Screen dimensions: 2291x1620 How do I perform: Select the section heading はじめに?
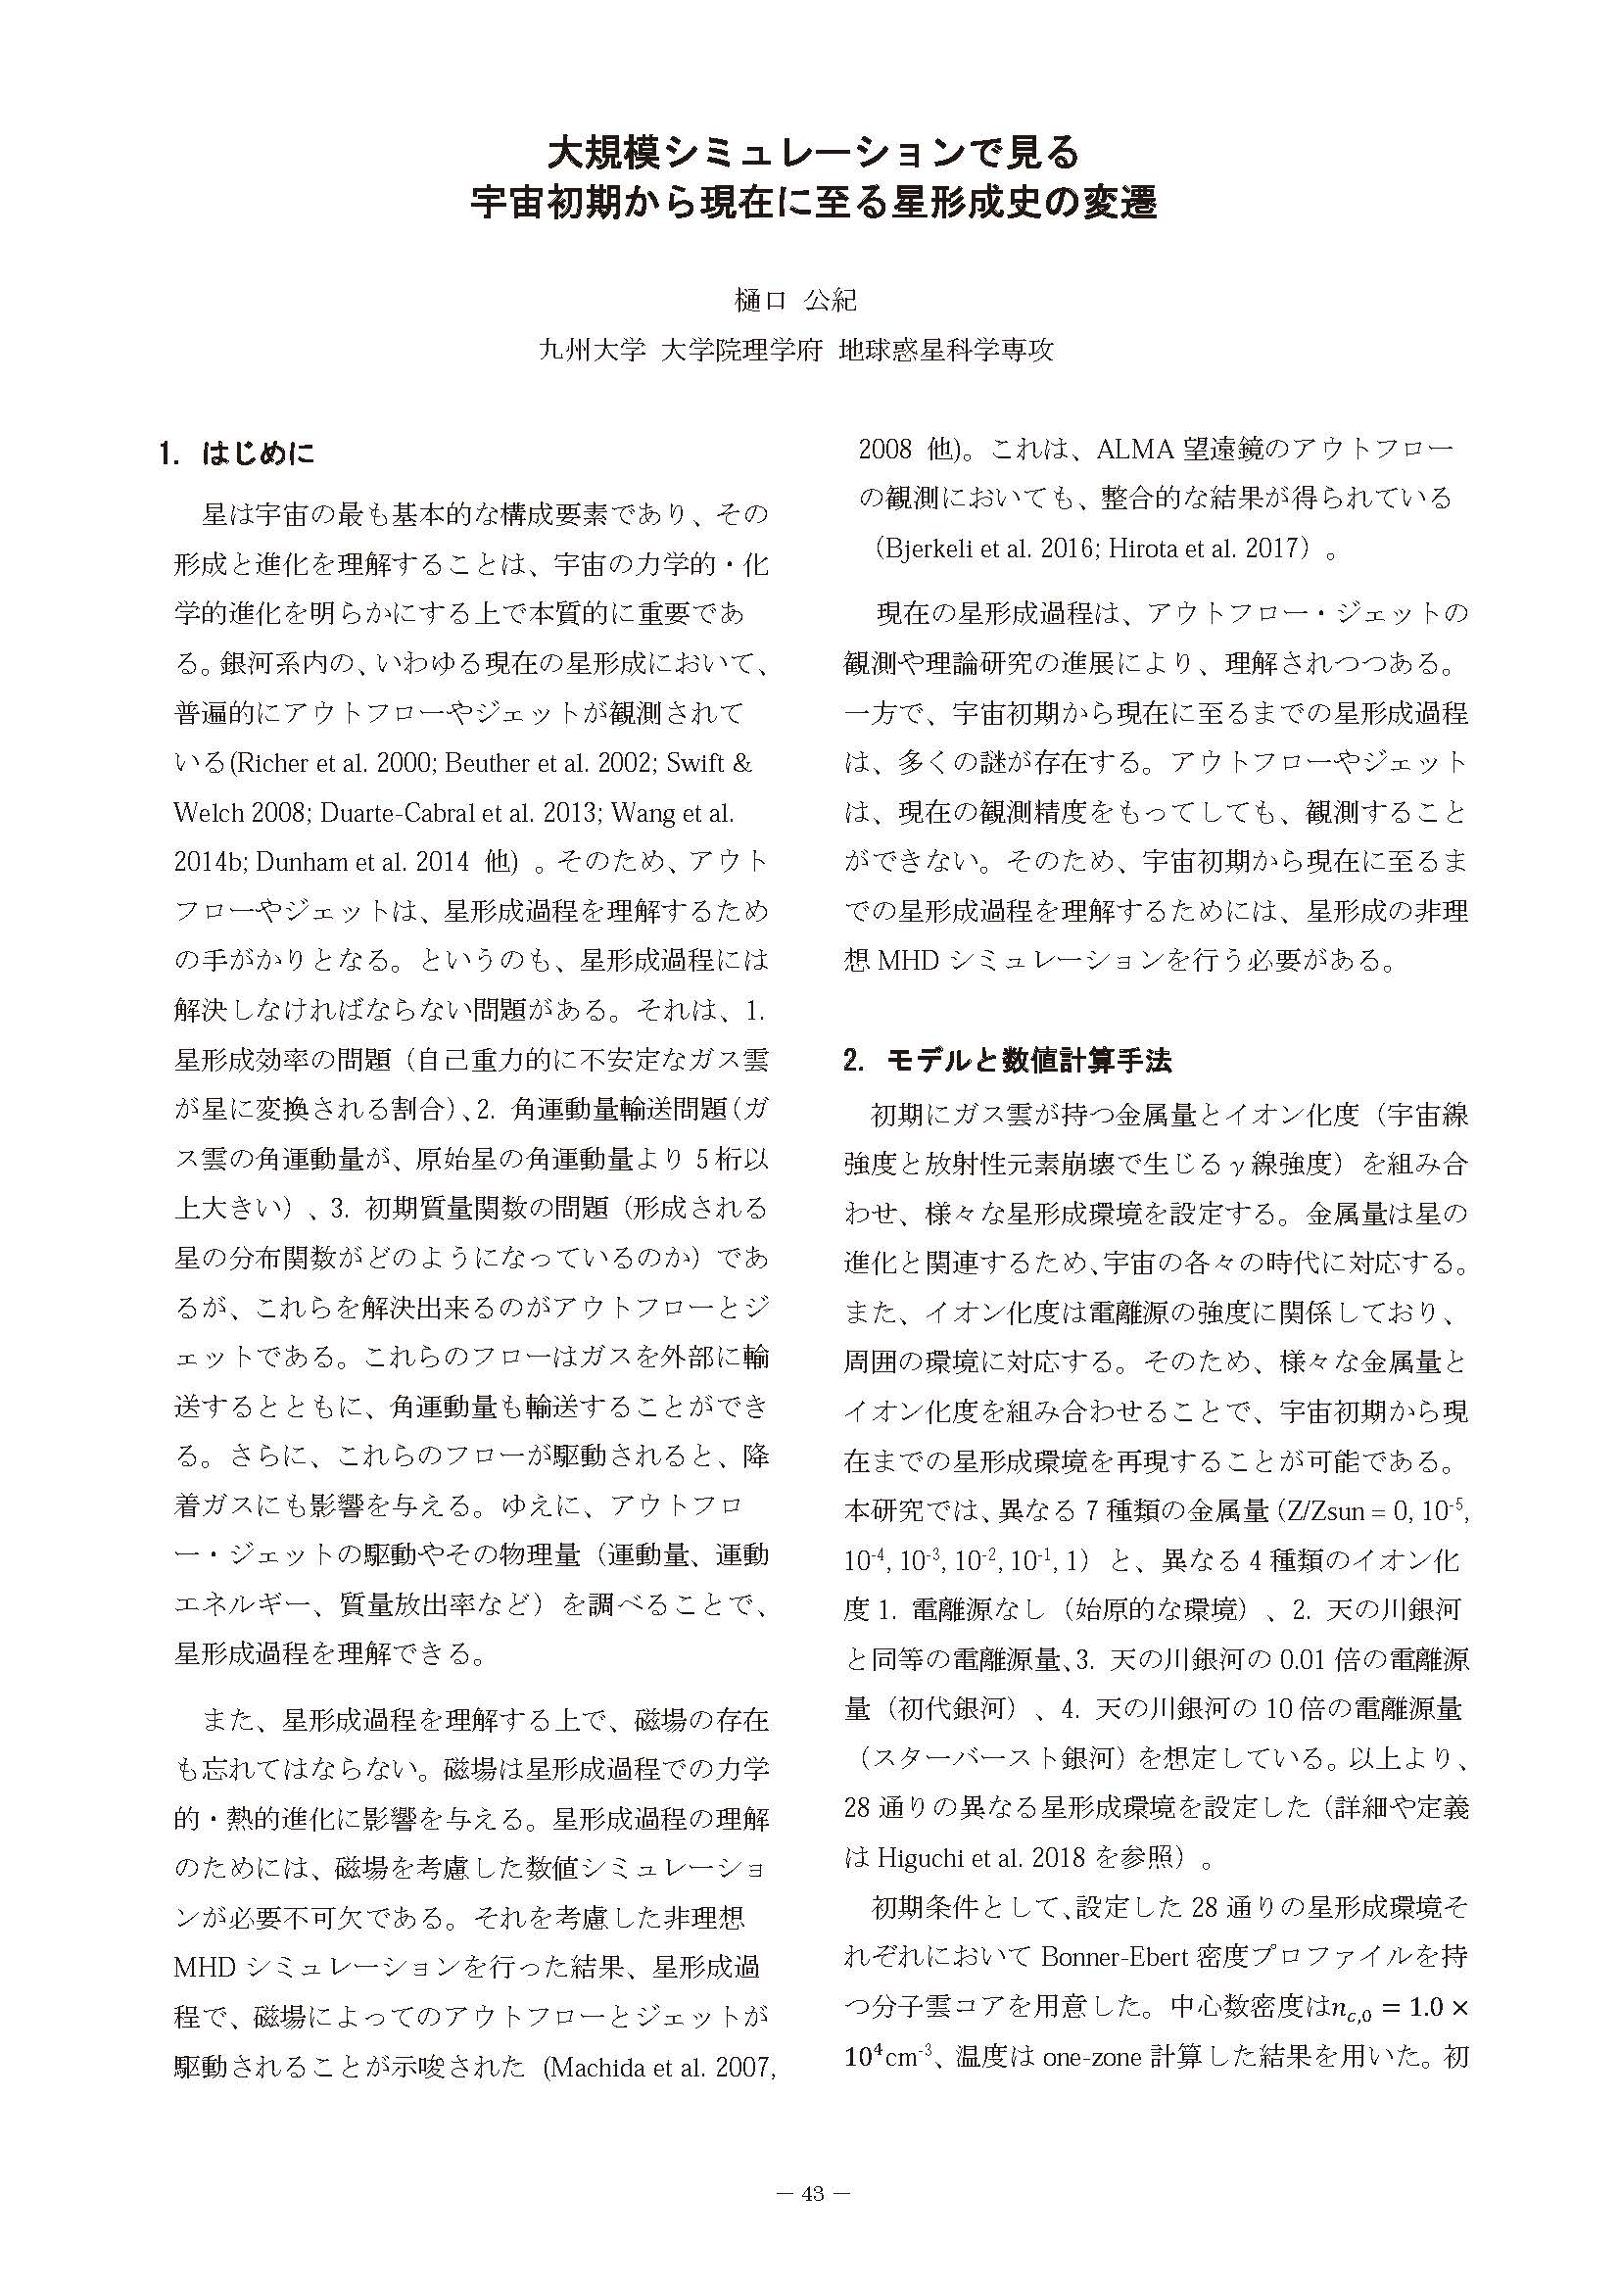[x=259, y=454]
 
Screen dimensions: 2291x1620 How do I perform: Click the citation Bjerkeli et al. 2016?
[x=984, y=549]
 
